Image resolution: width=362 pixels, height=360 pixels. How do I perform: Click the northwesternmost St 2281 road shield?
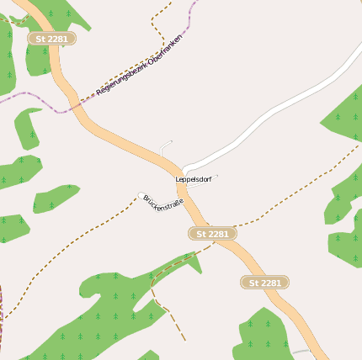coord(51,39)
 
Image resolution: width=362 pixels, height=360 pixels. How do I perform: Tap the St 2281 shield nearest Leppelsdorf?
coord(211,233)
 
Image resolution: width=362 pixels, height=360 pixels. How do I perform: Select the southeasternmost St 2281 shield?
coord(264,283)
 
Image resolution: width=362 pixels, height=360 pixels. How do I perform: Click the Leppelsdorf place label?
coord(194,179)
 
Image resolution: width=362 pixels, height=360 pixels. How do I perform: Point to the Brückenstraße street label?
coord(162,204)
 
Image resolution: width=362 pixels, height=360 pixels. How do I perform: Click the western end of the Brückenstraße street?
coord(141,196)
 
